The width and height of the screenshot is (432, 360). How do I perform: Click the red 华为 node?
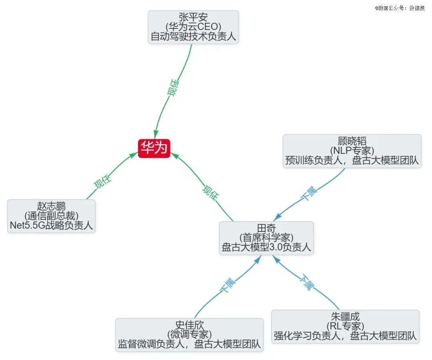coord(154,148)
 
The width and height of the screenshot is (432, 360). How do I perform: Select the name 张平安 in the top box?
coord(193,17)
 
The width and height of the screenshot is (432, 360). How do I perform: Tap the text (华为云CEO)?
coord(193,26)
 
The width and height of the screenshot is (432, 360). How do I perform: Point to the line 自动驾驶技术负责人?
coord(193,36)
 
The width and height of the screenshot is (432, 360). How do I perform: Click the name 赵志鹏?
coord(51,206)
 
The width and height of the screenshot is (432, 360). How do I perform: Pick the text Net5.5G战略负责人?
coord(51,225)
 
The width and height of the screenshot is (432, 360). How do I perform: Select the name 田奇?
coord(266,228)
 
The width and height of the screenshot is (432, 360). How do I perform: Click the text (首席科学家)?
coord(266,237)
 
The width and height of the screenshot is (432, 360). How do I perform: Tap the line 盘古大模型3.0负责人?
coord(266,247)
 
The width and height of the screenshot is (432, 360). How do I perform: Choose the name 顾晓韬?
coord(352,141)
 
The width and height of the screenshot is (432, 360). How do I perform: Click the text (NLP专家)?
coord(352,151)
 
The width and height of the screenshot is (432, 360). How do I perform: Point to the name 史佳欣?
coord(190,325)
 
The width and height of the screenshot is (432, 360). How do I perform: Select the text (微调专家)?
coord(190,334)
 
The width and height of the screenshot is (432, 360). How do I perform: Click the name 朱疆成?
coord(345,316)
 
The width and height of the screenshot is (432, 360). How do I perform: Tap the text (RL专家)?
coord(345,326)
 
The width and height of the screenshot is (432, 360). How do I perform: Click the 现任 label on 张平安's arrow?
coord(173,88)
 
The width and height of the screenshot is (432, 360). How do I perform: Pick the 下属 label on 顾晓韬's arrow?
coord(309,193)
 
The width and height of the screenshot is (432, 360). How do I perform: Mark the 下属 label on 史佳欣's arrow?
coord(228,285)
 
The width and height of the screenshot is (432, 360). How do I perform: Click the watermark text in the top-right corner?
coord(400,8)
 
